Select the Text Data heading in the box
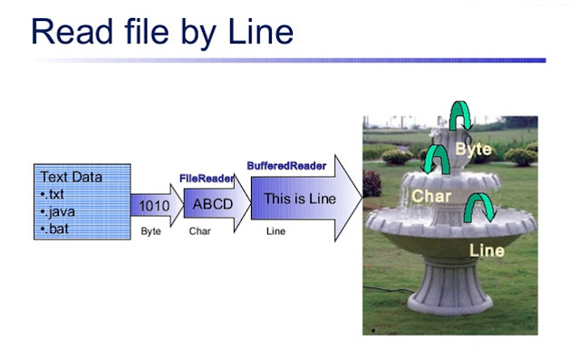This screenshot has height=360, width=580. click(x=72, y=177)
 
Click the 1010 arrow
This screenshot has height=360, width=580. click(x=155, y=206)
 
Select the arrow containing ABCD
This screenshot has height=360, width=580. click(x=214, y=204)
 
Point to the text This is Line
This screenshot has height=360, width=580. click(x=299, y=199)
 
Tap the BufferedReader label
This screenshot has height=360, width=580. click(x=286, y=166)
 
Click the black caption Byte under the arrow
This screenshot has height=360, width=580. click(x=150, y=232)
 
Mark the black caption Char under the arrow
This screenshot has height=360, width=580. click(x=199, y=232)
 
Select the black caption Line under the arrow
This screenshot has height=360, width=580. click(x=275, y=232)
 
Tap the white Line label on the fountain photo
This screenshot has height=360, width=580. click(x=487, y=249)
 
